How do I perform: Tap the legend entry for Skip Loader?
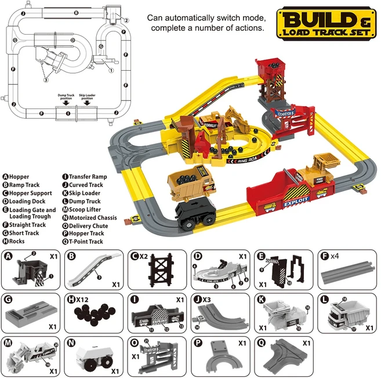84,194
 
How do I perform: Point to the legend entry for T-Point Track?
86,242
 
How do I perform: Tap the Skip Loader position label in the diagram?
87,96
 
